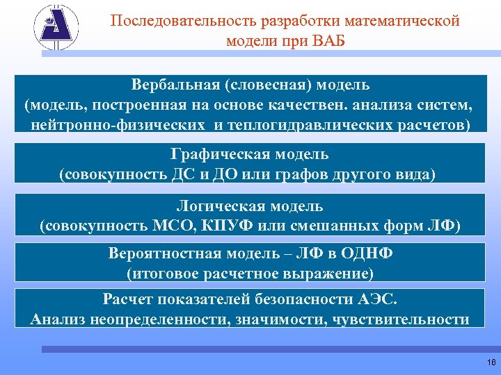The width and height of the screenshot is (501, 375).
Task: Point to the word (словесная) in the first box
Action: (x=267, y=85)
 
